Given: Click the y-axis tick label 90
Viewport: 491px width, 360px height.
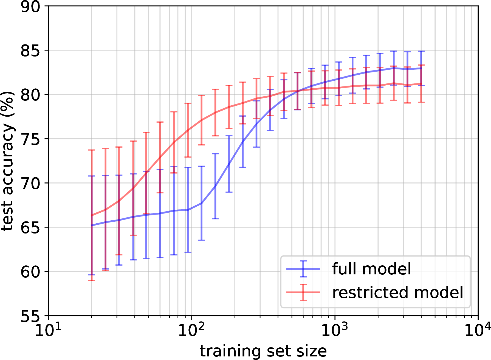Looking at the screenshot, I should pos(30,7).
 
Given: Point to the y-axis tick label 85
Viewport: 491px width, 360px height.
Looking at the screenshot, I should pos(30,51).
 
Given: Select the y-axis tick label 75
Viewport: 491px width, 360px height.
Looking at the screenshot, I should pos(30,139).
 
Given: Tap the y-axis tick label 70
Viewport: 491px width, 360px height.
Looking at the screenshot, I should pos(30,184).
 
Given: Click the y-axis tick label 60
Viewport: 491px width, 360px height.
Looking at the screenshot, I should pos(30,272).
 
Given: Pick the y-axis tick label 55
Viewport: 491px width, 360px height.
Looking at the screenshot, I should pos(30,316).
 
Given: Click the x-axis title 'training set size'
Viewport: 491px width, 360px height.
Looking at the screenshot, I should pos(263,351).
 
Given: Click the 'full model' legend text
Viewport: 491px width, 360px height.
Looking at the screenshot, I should pos(371,269).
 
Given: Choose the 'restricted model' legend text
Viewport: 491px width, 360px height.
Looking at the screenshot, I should pos(398,292).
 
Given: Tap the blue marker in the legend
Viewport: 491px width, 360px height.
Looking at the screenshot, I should pos(303,269).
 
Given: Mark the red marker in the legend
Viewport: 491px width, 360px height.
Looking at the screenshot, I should pos(303,292).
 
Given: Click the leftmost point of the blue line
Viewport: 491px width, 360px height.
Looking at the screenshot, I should pos(92,225).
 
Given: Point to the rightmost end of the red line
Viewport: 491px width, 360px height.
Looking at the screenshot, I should pos(421,84).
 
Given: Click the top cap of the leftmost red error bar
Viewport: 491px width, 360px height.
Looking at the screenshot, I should pos(92,150).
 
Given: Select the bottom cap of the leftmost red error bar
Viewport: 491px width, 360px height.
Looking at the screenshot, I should pos(92,280).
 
